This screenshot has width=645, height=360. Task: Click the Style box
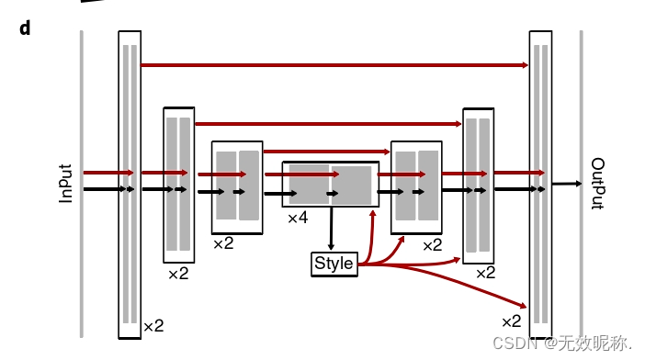click(334, 264)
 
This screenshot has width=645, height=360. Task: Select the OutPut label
click(597, 183)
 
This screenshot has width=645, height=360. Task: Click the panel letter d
click(25, 28)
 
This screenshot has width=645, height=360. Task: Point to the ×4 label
click(298, 219)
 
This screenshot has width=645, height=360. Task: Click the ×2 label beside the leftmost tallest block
click(153, 326)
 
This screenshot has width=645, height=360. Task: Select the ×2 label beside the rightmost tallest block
click(511, 321)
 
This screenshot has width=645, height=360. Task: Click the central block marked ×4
click(330, 184)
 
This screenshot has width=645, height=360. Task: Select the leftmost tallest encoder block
click(130, 184)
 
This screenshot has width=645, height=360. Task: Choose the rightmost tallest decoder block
click(540, 184)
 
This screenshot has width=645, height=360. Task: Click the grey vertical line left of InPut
click(82, 184)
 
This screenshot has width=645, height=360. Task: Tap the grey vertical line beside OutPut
click(581, 184)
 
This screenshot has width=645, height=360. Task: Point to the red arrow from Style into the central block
click(371, 230)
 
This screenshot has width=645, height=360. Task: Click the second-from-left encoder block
click(178, 184)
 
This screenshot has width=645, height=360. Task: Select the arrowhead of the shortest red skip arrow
click(386, 151)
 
